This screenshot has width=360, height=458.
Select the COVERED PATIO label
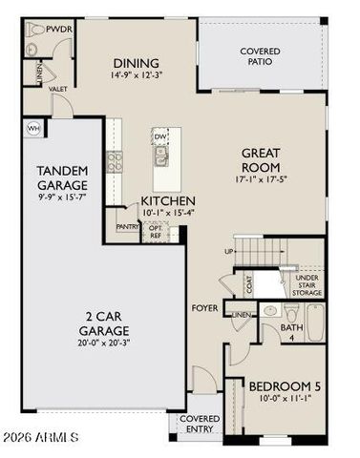point(261,55)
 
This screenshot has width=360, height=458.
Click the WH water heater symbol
point(33,127)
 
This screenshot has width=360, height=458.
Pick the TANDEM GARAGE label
point(62,177)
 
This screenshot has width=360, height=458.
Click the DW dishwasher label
point(160,137)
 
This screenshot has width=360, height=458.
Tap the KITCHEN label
point(168,201)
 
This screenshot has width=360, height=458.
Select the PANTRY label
point(126,227)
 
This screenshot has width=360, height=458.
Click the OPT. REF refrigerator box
point(156,230)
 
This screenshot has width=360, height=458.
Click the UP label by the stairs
point(227,251)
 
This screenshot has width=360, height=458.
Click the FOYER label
point(205,308)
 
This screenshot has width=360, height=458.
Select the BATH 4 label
point(291,331)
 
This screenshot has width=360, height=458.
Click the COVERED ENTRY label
point(199,424)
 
